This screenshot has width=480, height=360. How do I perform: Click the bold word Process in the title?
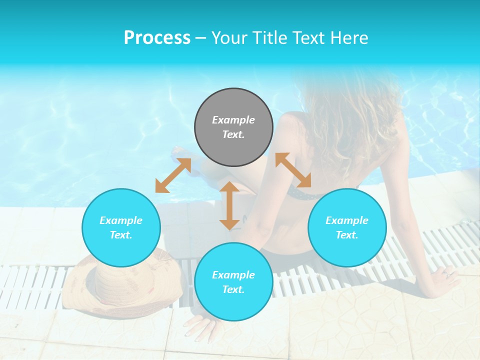coord(157,38)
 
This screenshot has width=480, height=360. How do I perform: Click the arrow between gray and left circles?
coord(173,175)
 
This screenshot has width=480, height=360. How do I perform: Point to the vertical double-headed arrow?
coord(229,205)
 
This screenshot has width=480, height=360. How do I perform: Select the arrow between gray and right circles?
coord(293,170)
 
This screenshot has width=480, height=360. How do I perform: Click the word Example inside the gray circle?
coord(233,120)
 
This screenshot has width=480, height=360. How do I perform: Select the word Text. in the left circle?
coord(121,235)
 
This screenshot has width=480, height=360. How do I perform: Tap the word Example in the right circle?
coord(347,220)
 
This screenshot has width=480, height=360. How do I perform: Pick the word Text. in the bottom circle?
coord(233,289)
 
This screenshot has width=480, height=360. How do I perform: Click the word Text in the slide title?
coord(310,38)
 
